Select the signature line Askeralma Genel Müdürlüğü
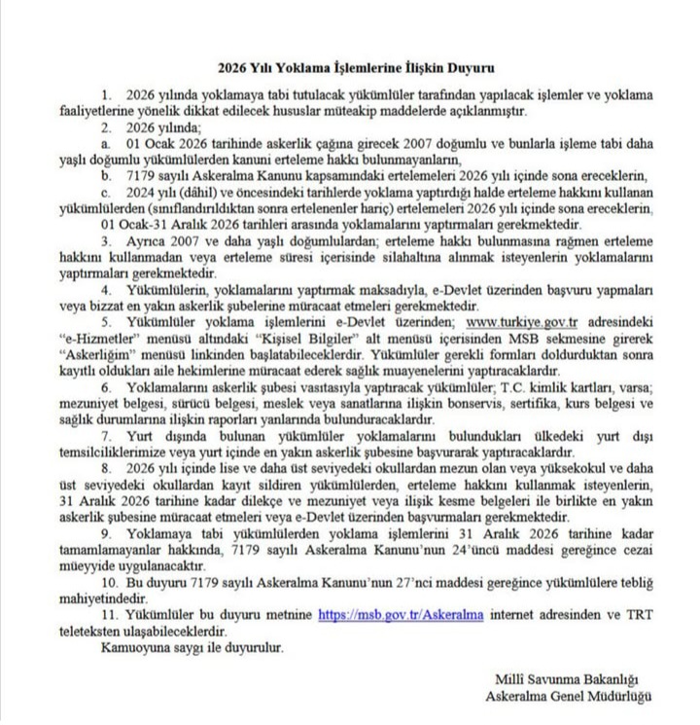point(569,696)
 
